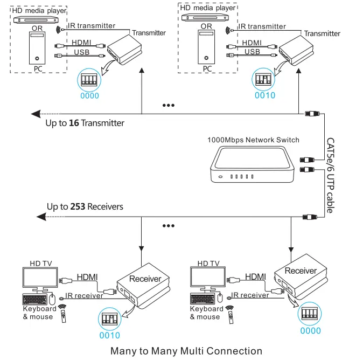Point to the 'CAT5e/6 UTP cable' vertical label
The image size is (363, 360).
pos(330,175)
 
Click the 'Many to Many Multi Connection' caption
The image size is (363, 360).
pos(186,351)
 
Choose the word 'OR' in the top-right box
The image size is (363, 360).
pos(206,26)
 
